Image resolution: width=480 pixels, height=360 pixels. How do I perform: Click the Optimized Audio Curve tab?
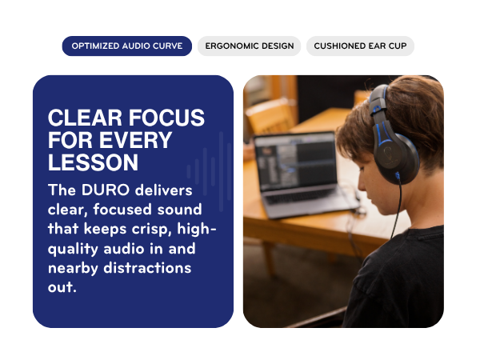[127, 46]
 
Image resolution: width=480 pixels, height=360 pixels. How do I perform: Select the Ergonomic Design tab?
[249, 46]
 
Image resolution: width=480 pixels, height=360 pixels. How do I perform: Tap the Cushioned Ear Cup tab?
[360, 46]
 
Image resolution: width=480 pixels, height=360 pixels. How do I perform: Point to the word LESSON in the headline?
[93, 162]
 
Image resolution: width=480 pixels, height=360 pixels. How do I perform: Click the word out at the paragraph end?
[62, 286]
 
